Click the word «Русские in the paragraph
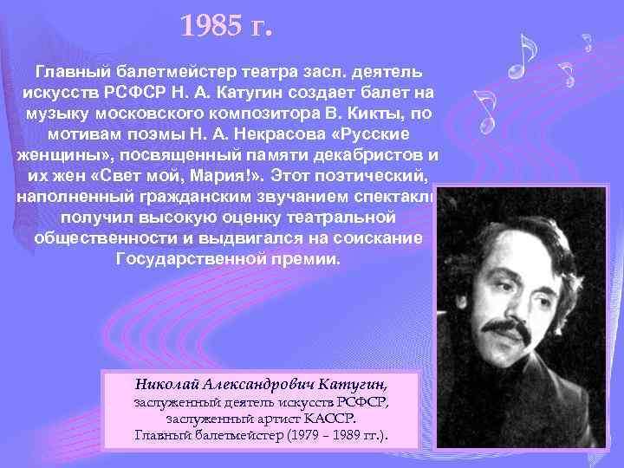(378, 136)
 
